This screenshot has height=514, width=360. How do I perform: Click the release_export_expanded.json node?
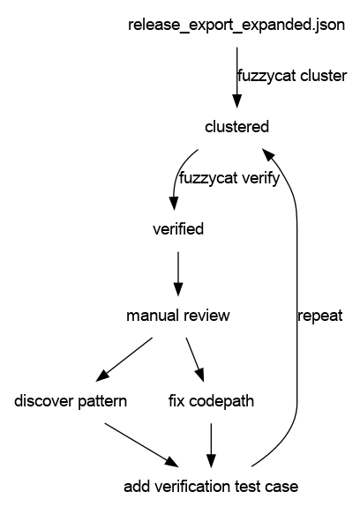tap(236, 26)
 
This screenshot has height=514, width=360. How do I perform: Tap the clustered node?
tap(236, 127)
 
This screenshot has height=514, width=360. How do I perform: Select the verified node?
tap(178, 229)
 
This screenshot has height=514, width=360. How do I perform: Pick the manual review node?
tap(178, 316)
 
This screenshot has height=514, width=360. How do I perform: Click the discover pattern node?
tap(71, 401)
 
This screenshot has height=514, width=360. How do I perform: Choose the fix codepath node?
tap(211, 401)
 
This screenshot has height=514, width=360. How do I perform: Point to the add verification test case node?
tap(211, 487)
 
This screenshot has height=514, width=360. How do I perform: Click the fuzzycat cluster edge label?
tap(292, 76)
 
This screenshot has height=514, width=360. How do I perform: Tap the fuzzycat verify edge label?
tap(229, 178)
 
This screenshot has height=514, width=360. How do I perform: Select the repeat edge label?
tap(320, 316)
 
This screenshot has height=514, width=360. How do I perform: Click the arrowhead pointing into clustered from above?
tap(237, 101)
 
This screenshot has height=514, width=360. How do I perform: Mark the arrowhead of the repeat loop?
tap(268, 155)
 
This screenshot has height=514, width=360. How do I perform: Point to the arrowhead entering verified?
tap(174, 204)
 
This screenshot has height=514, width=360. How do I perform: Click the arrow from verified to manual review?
tap(178, 274)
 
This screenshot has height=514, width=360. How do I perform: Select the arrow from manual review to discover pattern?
tap(124, 360)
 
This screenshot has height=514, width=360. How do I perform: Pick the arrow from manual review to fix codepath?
tap(195, 360)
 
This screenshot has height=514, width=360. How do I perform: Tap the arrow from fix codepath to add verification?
tap(211, 445)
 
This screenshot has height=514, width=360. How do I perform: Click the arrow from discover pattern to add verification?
tap(142, 445)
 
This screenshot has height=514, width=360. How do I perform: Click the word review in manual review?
tap(206, 316)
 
